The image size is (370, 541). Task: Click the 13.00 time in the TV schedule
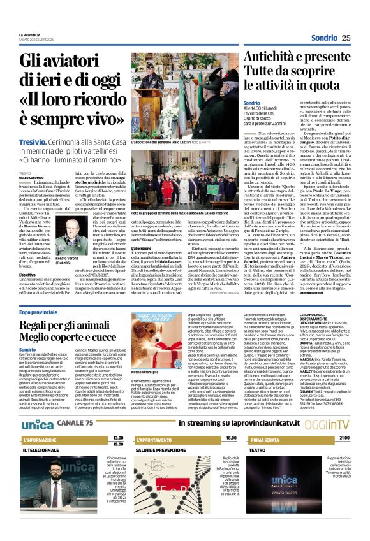pyautogui.click(x=117, y=439)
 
